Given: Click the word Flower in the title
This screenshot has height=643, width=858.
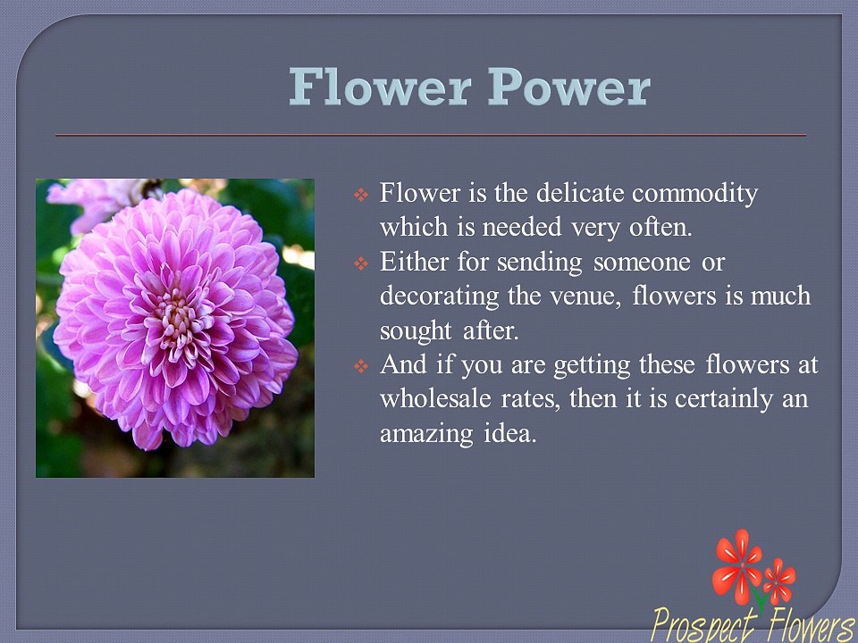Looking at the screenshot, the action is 380,87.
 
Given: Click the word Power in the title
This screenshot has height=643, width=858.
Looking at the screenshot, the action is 569,87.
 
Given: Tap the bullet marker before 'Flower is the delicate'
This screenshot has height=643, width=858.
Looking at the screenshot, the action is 360,194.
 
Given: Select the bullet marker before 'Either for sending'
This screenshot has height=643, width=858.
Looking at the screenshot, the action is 360,263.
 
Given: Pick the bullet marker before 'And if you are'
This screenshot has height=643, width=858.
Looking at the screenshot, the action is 360,366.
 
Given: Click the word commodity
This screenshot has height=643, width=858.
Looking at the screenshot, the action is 695,194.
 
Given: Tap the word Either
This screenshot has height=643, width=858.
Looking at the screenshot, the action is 414,262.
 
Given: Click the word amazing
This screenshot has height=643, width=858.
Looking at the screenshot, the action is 426,435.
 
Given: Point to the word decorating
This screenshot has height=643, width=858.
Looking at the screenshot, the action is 440,296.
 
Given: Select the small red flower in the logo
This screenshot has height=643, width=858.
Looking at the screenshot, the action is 779,581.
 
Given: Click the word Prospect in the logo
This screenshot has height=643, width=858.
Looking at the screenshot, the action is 705,624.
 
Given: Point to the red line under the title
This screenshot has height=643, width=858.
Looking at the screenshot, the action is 431,135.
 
